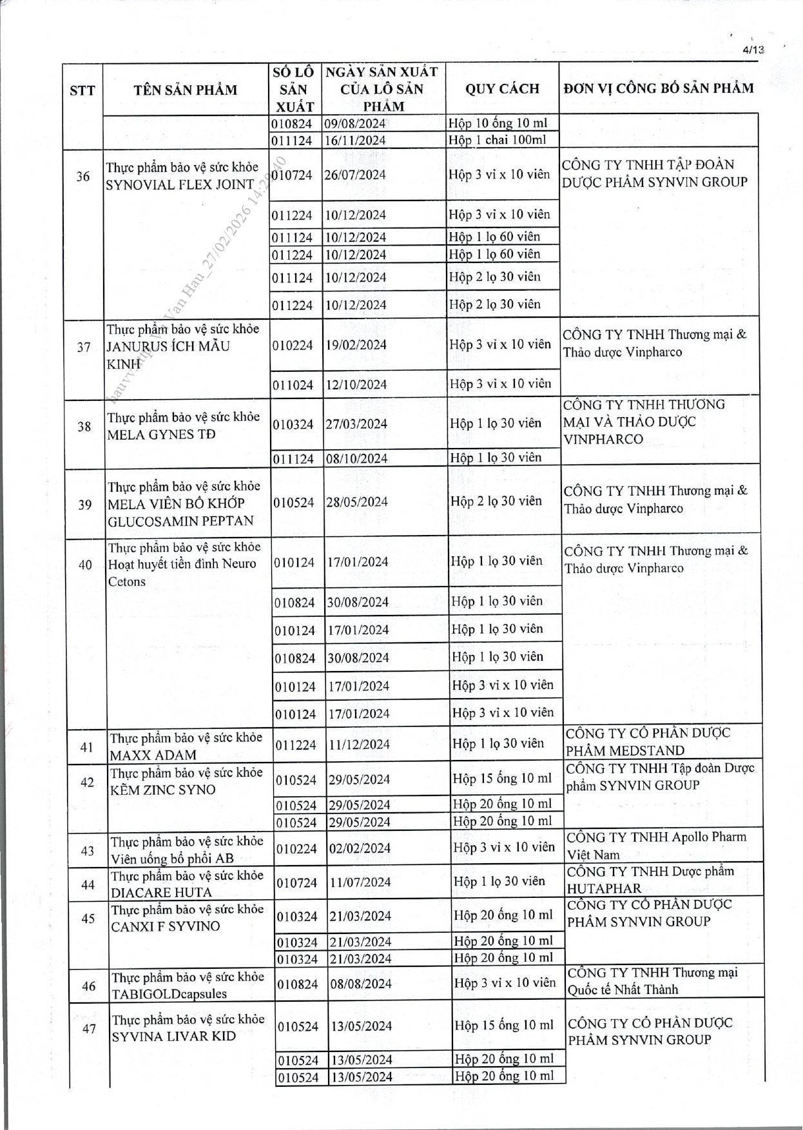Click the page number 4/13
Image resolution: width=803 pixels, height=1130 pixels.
(x=753, y=50)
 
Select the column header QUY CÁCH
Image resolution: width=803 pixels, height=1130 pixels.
(x=502, y=89)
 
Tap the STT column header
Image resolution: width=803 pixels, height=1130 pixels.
(x=82, y=90)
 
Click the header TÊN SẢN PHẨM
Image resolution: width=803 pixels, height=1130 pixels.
(x=186, y=90)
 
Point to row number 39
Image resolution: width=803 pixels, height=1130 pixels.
(x=85, y=505)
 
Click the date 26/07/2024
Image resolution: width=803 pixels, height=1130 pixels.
(x=355, y=175)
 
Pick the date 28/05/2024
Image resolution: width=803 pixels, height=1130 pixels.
(x=357, y=502)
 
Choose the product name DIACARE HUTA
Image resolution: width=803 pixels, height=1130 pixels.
(x=161, y=893)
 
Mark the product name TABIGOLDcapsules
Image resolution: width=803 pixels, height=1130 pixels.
(x=169, y=994)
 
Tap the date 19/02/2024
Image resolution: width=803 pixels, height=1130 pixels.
(x=356, y=345)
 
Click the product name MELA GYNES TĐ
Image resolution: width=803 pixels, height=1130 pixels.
(x=161, y=434)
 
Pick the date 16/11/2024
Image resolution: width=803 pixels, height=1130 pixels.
(x=354, y=141)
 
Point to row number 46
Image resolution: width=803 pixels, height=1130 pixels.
(x=89, y=986)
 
